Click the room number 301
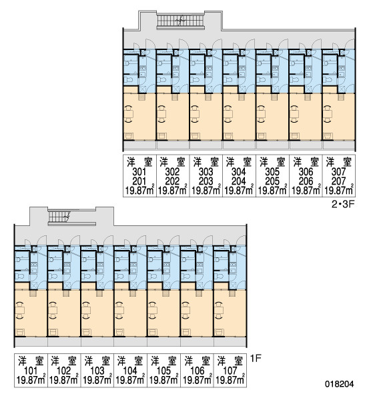pyautogui.click(x=139, y=172)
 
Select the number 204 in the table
pyautogui.click(x=238, y=181)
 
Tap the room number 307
pyautogui.click(x=339, y=172)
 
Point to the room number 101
pyautogui.click(x=31, y=371)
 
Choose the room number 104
pyautogui.click(x=130, y=371)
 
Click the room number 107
pyautogui.click(x=230, y=371)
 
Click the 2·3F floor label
pyautogui.click(x=343, y=205)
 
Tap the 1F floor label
pyautogui.click(x=256, y=359)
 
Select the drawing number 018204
pyautogui.click(x=340, y=384)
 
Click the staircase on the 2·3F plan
pyautogui.click(x=180, y=21)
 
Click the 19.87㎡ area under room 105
pyautogui.click(x=163, y=381)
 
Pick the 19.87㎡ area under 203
pyautogui.click(x=206, y=191)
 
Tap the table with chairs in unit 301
pyautogui.click(x=129, y=114)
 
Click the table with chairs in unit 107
pyautogui.click(x=220, y=311)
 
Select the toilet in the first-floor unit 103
pyautogui.click(x=86, y=276)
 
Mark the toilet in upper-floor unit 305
pyautogui.click(x=261, y=79)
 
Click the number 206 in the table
pyautogui.click(x=306, y=181)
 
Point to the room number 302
pyautogui.click(x=172, y=172)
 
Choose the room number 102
pyautogui.click(x=63, y=371)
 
